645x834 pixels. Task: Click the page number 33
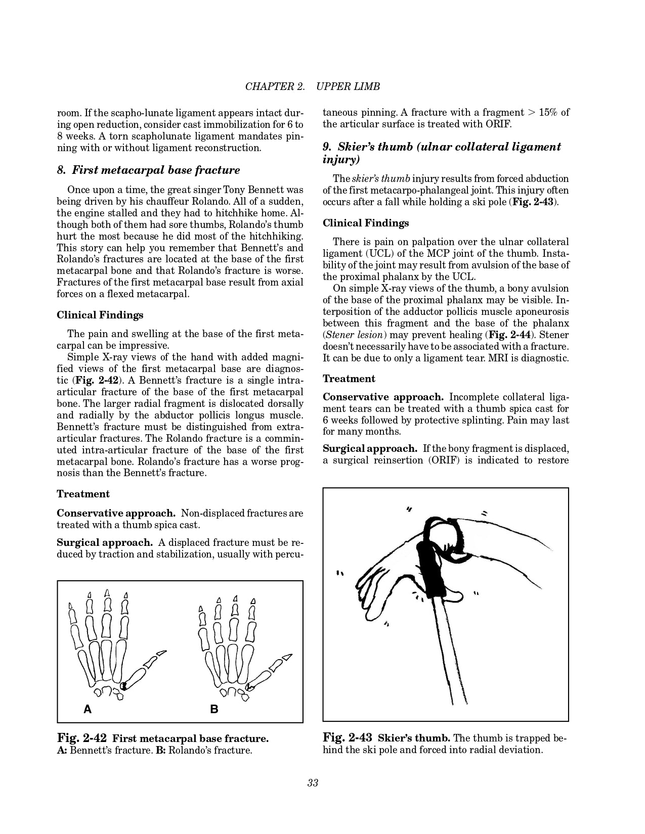[x=312, y=783]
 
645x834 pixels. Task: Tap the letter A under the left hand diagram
[x=88, y=709]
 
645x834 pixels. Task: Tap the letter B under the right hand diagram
[x=214, y=709]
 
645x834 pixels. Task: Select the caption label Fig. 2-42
[x=81, y=738]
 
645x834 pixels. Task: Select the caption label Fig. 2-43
[x=347, y=738]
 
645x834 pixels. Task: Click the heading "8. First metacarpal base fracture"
[x=148, y=170]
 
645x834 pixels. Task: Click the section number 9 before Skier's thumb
[x=326, y=147]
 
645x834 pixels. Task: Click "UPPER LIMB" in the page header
[x=348, y=86]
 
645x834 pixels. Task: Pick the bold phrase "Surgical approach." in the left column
[x=105, y=543]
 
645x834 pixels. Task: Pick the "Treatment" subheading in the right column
[x=349, y=379]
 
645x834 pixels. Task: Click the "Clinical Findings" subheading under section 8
[x=100, y=315]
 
